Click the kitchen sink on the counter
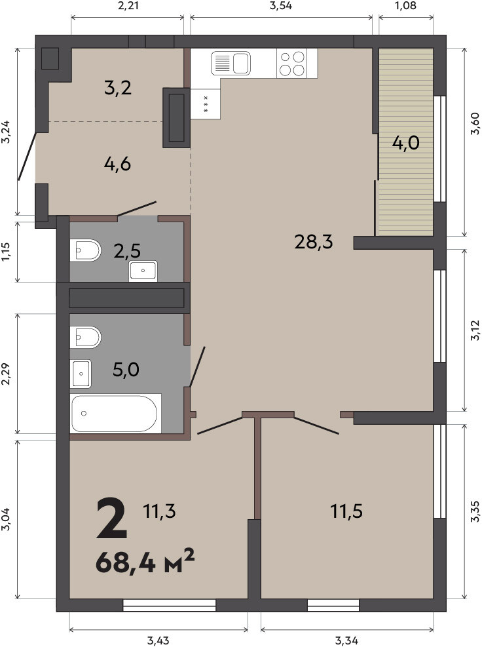pyautogui.click(x=231, y=63)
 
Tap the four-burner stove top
pyautogui.click(x=292, y=63)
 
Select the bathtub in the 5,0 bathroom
pyautogui.click(x=116, y=413)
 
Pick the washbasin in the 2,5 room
pyautogui.click(x=143, y=271)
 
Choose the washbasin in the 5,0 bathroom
pyautogui.click(x=81, y=374)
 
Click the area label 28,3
pyautogui.click(x=313, y=241)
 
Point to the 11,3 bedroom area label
pyautogui.click(x=159, y=511)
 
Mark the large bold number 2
pyautogui.click(x=111, y=519)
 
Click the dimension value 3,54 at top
pyautogui.click(x=280, y=6)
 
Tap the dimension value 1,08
pyautogui.click(x=406, y=6)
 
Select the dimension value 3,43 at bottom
pyautogui.click(x=158, y=641)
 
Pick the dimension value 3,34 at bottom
pyautogui.click(x=346, y=641)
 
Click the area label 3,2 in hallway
pyautogui.click(x=118, y=88)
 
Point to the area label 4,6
pyautogui.click(x=117, y=164)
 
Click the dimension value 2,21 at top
pyautogui.click(x=128, y=6)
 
